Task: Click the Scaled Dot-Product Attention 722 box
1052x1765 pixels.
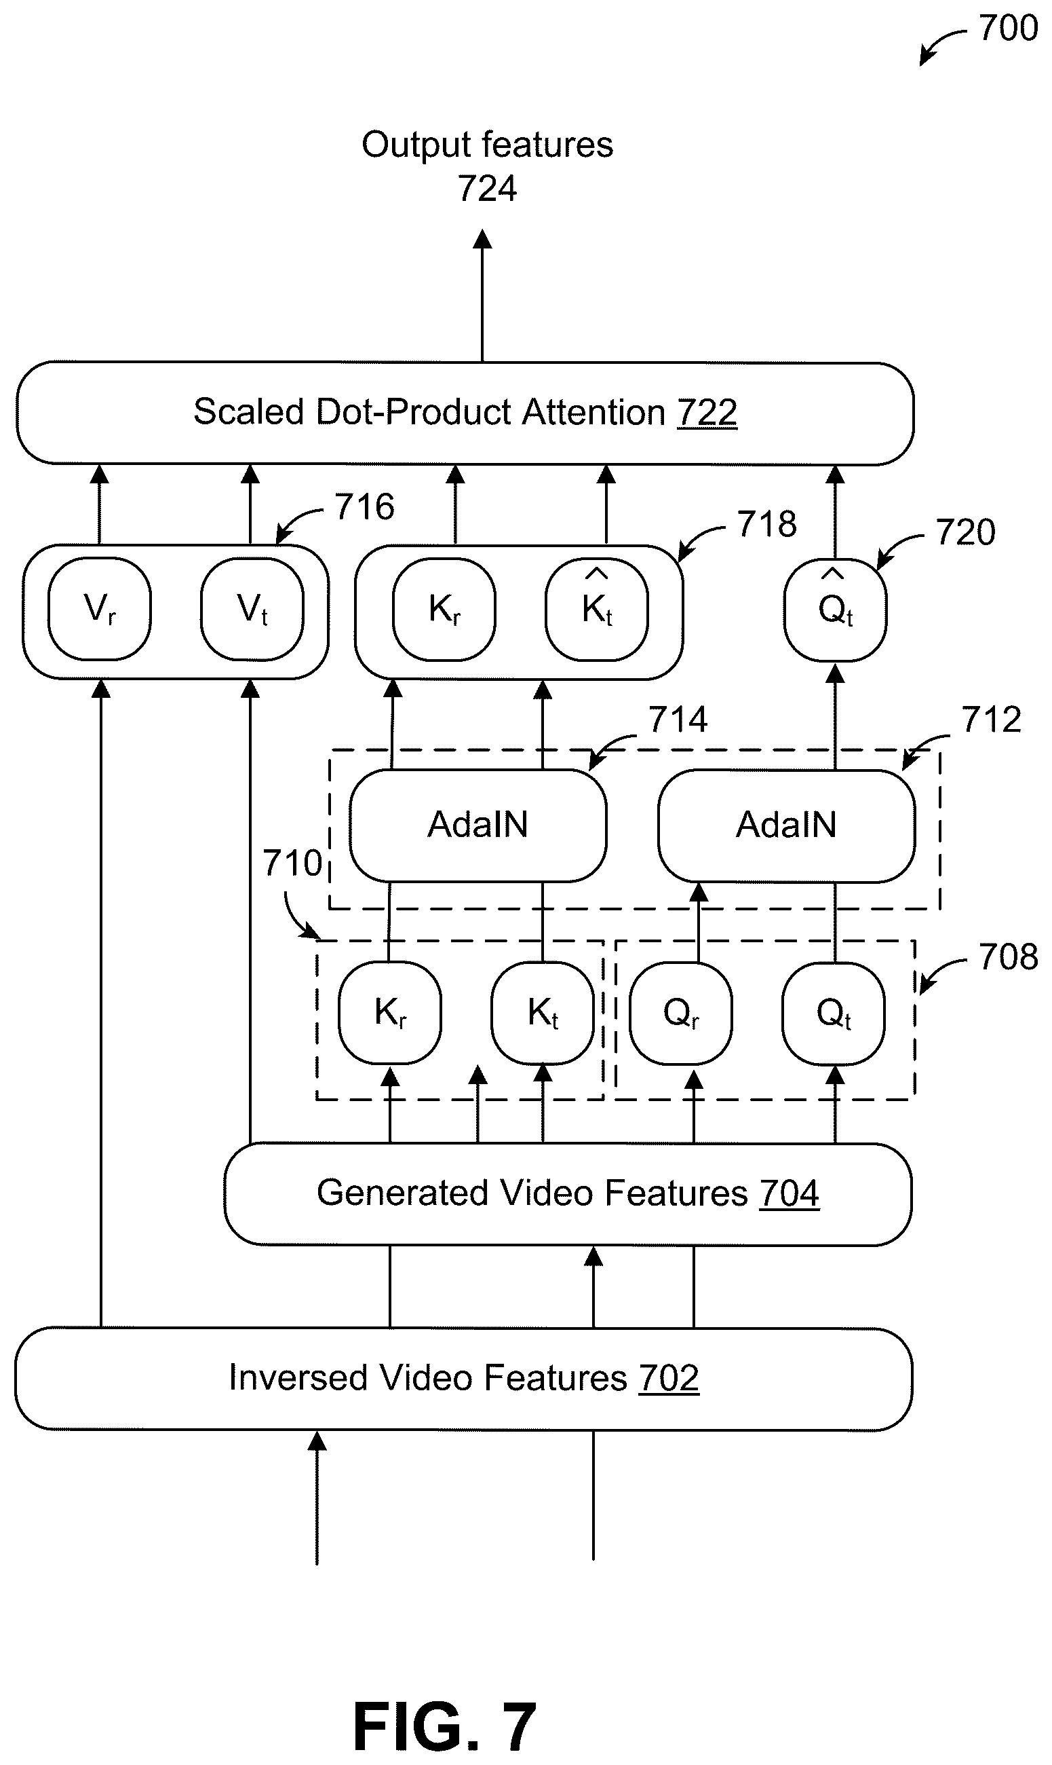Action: tap(465, 413)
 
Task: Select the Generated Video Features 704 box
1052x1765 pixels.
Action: tap(568, 1193)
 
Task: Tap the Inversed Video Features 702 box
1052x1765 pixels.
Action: tap(464, 1378)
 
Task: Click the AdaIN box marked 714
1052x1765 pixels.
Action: tap(478, 825)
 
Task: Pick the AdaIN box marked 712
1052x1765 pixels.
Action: tap(786, 825)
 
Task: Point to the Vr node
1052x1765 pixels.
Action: tap(99, 609)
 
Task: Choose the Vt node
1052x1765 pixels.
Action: tap(252, 609)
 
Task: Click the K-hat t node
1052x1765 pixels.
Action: tap(597, 609)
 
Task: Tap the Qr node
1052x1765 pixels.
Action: tap(680, 1012)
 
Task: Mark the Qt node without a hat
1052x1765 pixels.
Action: tap(834, 1012)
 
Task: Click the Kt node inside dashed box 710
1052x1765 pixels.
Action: tap(543, 1012)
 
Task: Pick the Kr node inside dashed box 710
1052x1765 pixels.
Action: tap(390, 1012)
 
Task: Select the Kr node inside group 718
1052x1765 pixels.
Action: tap(444, 609)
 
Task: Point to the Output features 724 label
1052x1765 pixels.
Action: tap(488, 167)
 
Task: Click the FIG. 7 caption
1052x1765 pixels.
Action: tap(444, 1727)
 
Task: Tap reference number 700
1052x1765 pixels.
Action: tap(1008, 29)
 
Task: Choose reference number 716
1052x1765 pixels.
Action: tap(364, 506)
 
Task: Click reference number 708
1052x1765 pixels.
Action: tap(1008, 957)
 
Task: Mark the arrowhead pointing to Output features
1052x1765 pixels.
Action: tap(482, 239)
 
